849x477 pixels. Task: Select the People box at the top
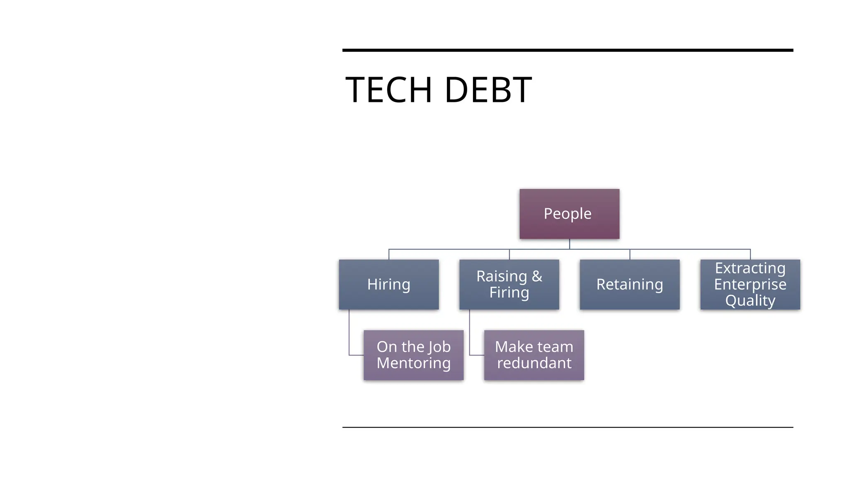569,214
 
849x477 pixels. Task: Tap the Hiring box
388,284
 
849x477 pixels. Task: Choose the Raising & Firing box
509,284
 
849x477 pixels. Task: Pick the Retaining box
629,284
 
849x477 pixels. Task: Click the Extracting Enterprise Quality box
750,284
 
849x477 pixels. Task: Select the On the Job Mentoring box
413,355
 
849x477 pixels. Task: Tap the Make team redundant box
534,355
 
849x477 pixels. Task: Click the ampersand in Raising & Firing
537,276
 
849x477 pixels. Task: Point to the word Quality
750,301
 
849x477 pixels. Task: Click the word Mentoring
413,363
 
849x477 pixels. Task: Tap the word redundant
534,363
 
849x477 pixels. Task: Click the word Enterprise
750,284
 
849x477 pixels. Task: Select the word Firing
509,293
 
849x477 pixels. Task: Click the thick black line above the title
568,50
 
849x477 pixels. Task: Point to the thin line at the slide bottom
568,427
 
